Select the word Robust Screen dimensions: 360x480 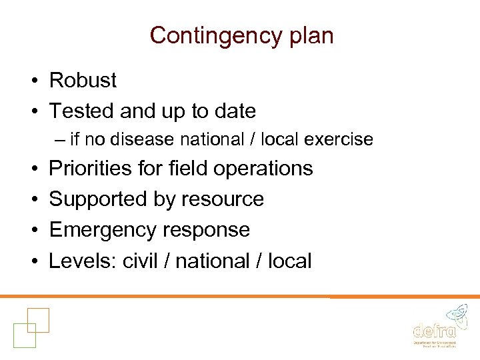tap(83, 81)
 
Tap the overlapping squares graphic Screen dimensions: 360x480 tap(31, 327)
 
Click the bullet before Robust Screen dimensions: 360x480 tap(32, 81)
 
